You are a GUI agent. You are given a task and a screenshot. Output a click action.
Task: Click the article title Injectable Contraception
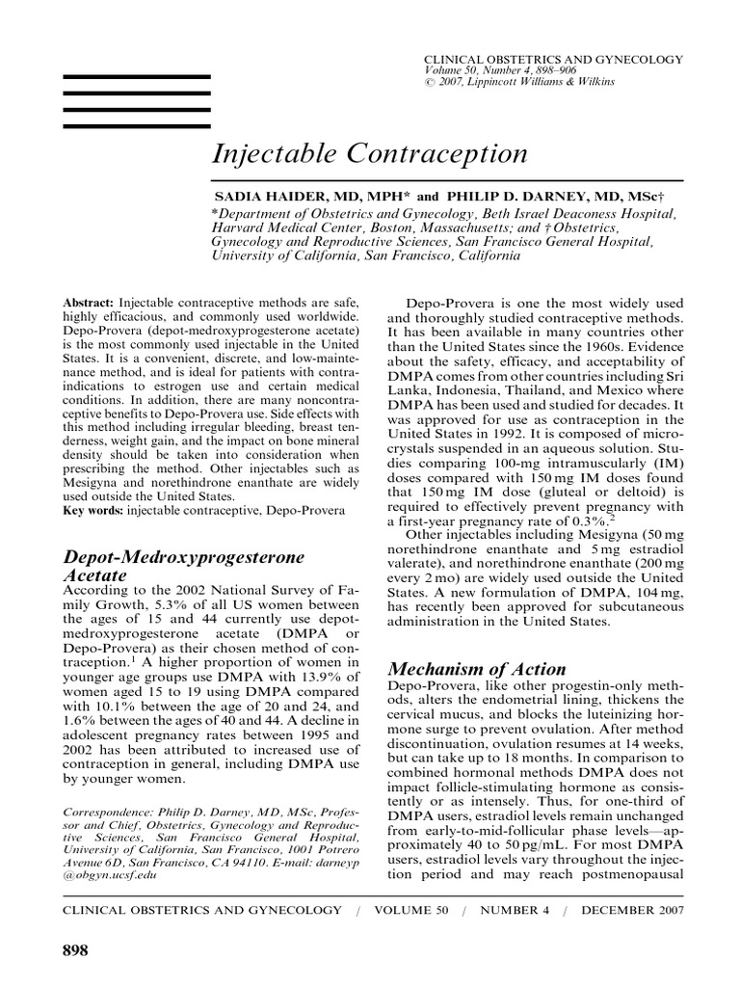(369, 154)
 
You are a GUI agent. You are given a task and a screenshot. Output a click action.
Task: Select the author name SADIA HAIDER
(265, 195)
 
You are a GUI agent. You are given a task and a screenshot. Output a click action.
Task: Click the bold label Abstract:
(89, 303)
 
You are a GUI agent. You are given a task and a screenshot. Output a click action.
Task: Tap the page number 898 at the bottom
(75, 950)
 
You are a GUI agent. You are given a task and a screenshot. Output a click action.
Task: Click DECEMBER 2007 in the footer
(633, 909)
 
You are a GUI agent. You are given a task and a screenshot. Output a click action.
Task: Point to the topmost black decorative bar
(137, 75)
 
